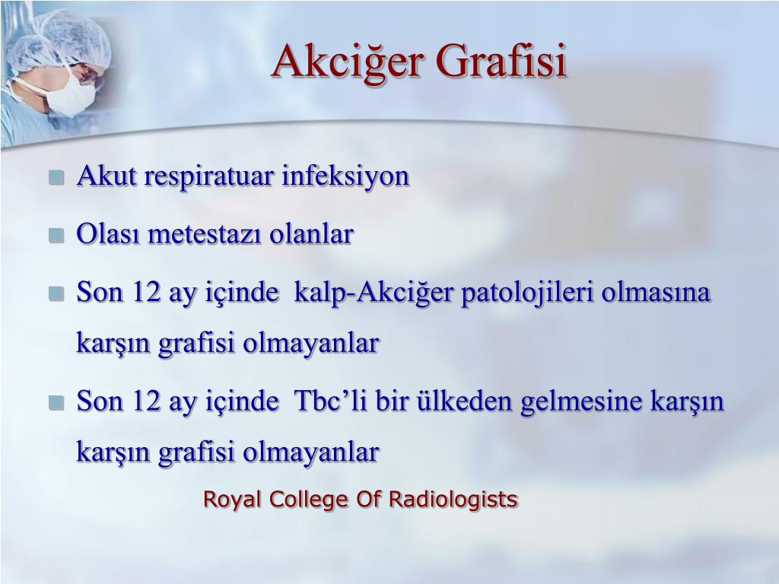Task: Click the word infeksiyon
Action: click(345, 176)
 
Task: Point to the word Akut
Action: click(107, 176)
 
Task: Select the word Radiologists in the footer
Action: click(453, 499)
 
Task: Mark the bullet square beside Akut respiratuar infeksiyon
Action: click(56, 177)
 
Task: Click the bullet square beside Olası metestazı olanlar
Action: click(56, 235)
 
